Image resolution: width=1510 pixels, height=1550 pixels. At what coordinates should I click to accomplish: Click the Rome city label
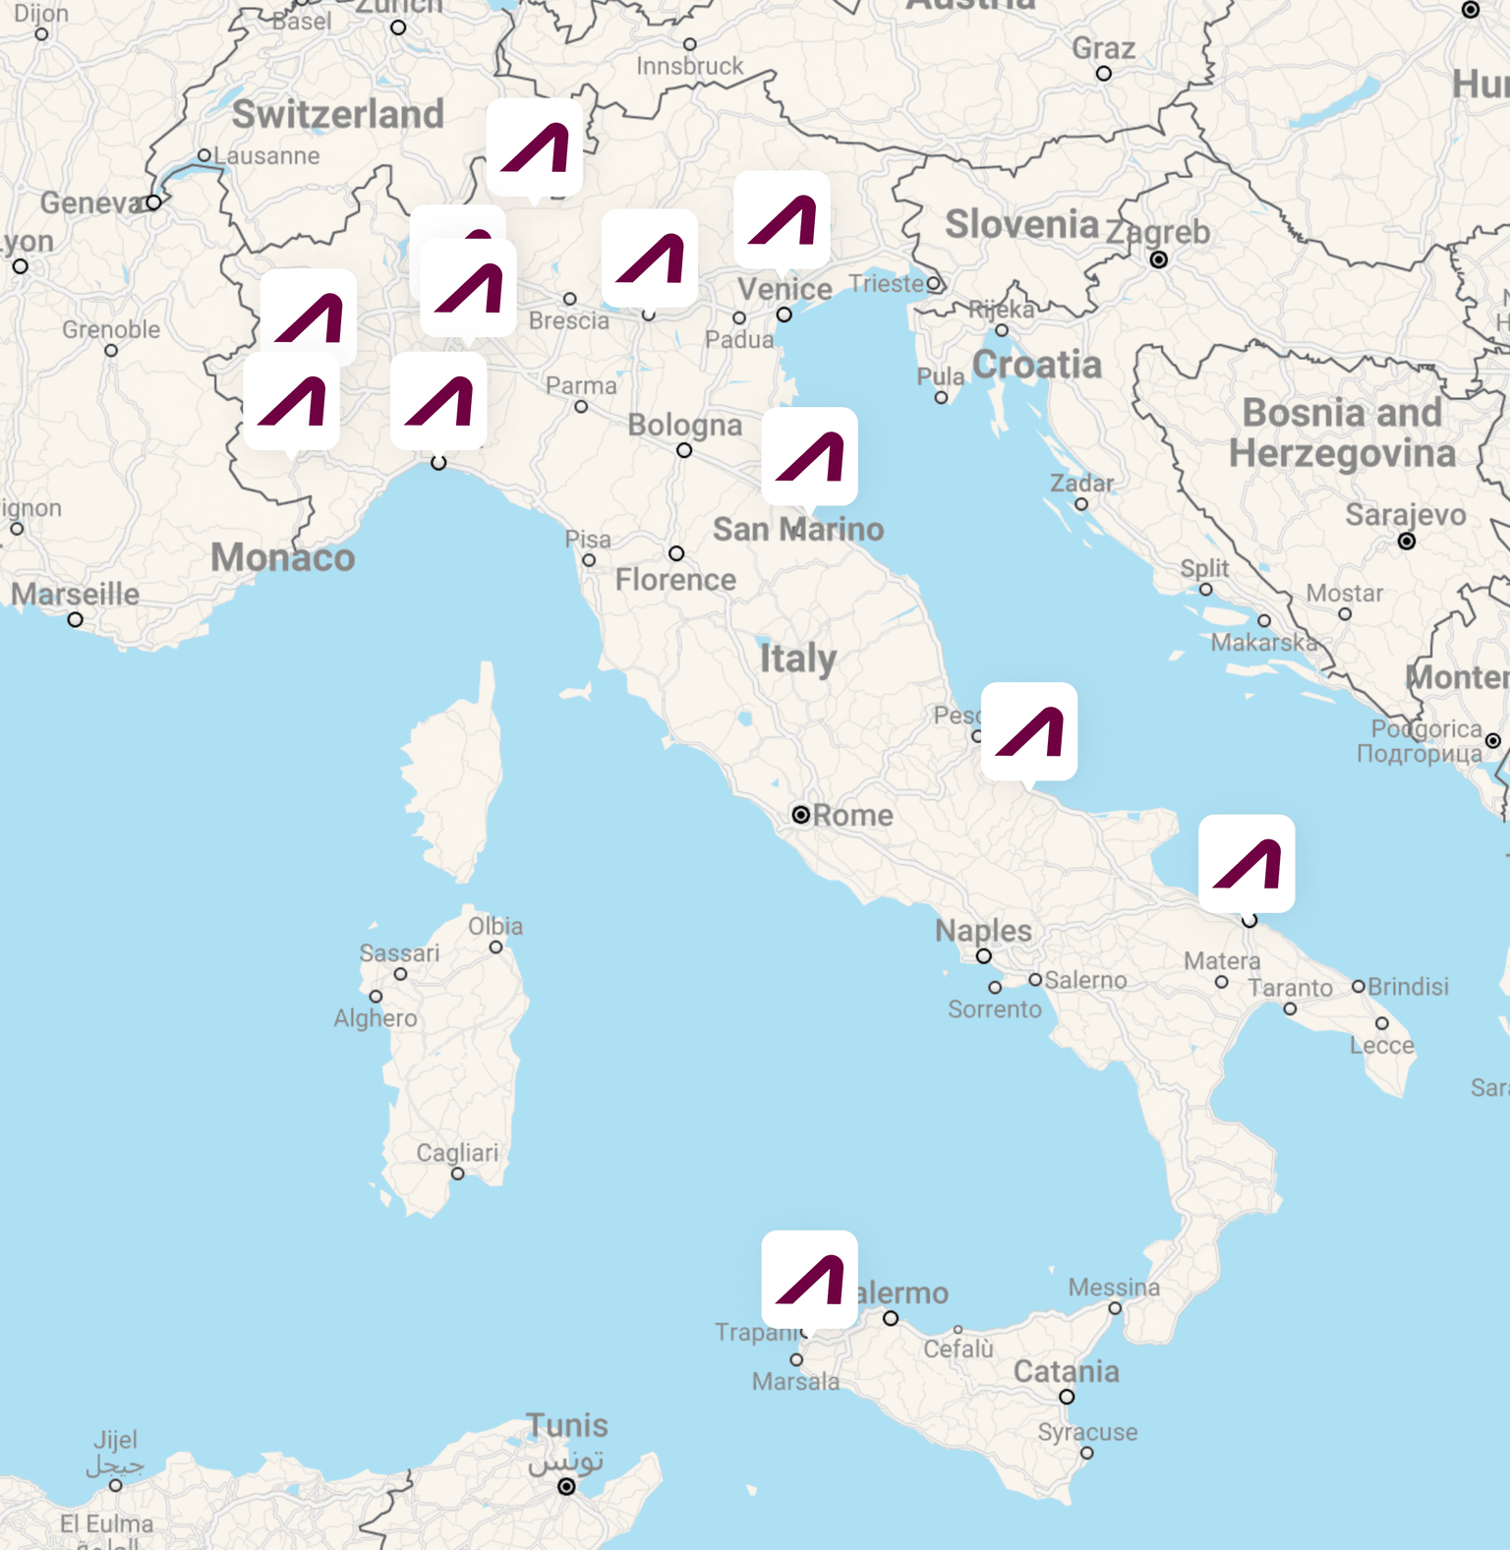[x=852, y=815]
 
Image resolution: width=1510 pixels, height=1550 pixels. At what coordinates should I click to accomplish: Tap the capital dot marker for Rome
[x=801, y=815]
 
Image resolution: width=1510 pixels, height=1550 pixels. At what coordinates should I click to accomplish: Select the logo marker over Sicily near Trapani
[x=809, y=1279]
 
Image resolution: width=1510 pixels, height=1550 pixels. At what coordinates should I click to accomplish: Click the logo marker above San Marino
[x=809, y=456]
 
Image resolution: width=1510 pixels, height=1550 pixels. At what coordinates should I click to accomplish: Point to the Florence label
[x=675, y=580]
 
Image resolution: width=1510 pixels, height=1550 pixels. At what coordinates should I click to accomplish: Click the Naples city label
[x=983, y=930]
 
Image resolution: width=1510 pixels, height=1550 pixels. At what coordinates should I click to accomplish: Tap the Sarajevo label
[x=1405, y=515]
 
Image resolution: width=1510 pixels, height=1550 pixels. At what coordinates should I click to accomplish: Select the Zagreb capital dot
[x=1159, y=259]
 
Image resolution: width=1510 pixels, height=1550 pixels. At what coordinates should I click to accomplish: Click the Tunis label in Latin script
[x=567, y=1425]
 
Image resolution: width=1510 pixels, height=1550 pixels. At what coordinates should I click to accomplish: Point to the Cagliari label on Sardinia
[x=457, y=1152]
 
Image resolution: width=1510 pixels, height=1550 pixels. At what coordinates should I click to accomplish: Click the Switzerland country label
[x=338, y=114]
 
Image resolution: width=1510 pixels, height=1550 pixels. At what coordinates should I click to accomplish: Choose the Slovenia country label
[x=1021, y=224]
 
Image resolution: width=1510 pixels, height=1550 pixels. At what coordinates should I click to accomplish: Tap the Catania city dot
[x=1067, y=1397]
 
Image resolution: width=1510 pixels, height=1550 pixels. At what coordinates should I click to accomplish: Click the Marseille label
[x=75, y=594]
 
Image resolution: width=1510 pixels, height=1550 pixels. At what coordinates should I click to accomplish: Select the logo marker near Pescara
[x=1029, y=731]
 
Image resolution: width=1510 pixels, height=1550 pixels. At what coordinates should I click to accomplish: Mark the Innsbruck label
[x=690, y=66]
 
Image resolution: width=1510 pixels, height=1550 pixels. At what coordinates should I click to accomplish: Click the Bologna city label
[x=684, y=425]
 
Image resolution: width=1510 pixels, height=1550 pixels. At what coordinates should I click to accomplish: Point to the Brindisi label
[x=1408, y=986]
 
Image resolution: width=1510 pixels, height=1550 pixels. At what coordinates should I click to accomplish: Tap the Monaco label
[x=283, y=557]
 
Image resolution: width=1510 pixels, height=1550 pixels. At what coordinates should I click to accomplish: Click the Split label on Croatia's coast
[x=1204, y=568]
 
